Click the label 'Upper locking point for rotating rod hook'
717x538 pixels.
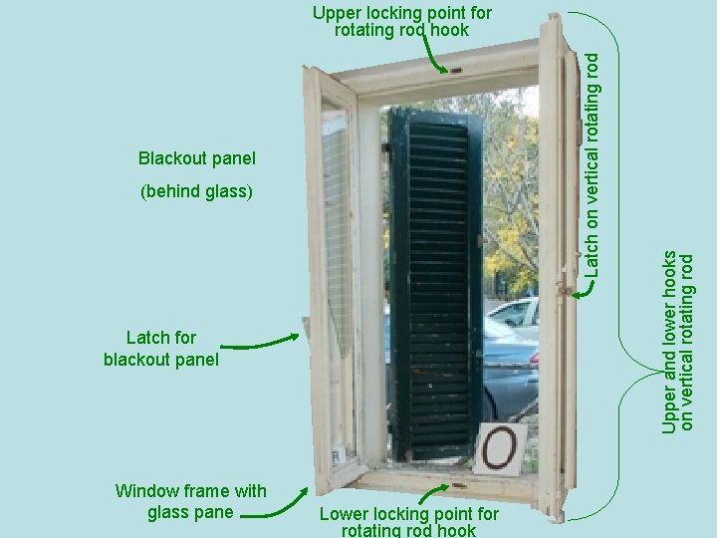point(401,21)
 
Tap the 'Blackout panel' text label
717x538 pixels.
point(197,158)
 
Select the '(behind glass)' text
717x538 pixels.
point(197,190)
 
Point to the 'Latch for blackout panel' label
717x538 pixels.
point(160,349)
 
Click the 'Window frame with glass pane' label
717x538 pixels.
point(190,501)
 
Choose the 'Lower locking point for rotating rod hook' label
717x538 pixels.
point(408,521)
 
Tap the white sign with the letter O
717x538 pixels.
point(500,447)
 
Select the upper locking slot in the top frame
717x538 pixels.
point(456,72)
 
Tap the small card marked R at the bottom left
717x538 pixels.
point(339,454)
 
